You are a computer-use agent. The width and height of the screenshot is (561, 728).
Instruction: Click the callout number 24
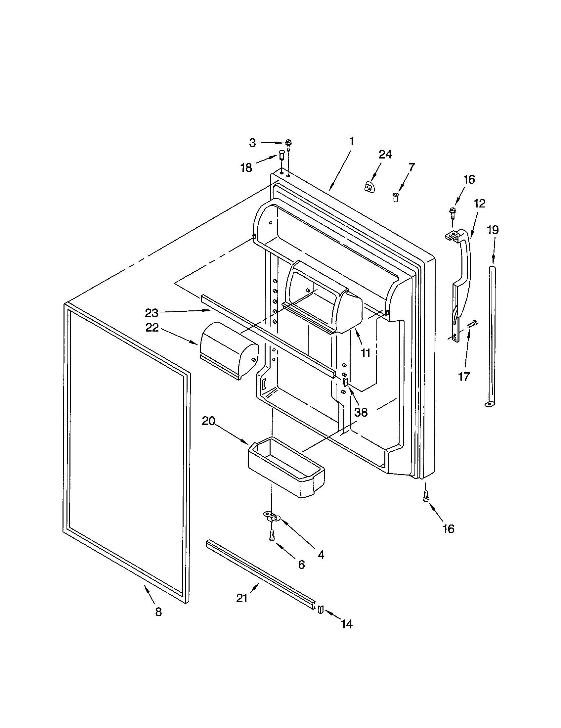click(x=385, y=154)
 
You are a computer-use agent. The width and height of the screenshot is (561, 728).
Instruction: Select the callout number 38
click(x=361, y=412)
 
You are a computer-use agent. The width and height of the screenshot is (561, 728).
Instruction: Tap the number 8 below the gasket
click(x=158, y=612)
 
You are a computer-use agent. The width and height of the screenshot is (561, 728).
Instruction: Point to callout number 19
click(x=493, y=230)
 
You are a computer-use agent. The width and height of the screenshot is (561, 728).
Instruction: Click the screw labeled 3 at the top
click(x=288, y=144)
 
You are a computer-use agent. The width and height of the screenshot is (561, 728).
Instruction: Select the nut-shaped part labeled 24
click(x=368, y=187)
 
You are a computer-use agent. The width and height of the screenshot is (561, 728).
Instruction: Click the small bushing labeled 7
click(x=395, y=197)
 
